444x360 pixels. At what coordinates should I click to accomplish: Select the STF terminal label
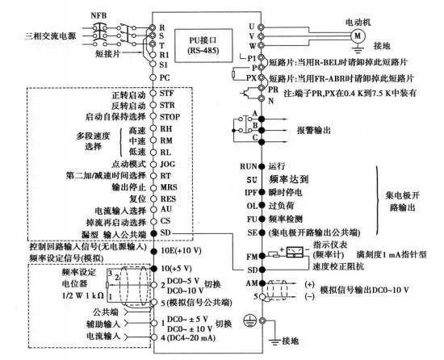(167, 94)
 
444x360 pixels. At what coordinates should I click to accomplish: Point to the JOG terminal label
(167, 162)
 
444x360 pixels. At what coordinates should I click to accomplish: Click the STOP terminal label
(170, 116)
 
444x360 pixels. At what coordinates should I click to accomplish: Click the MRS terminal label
(167, 185)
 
